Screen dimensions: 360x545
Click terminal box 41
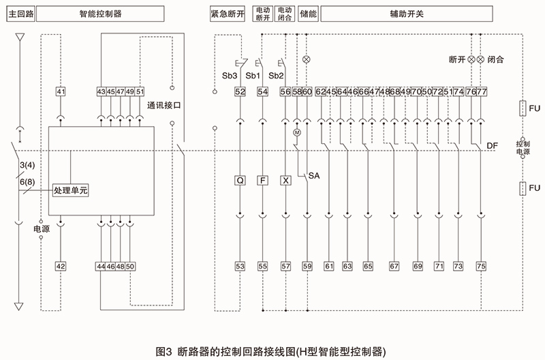(61, 92)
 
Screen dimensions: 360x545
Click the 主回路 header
(18, 13)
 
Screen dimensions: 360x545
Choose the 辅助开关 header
(423, 13)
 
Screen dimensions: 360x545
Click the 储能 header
(307, 13)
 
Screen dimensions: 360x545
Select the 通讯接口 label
(164, 106)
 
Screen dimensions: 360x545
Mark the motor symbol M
(296, 132)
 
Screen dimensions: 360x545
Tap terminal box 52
(240, 92)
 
